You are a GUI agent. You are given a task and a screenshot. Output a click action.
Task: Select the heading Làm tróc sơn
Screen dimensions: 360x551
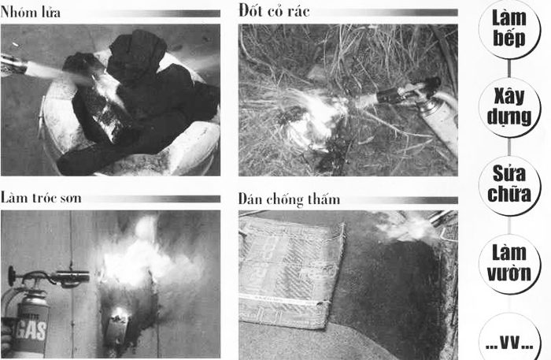41,198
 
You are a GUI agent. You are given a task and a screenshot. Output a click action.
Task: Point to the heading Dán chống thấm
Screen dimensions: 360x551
289,199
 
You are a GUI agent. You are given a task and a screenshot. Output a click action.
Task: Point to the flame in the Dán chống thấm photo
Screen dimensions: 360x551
405,228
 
